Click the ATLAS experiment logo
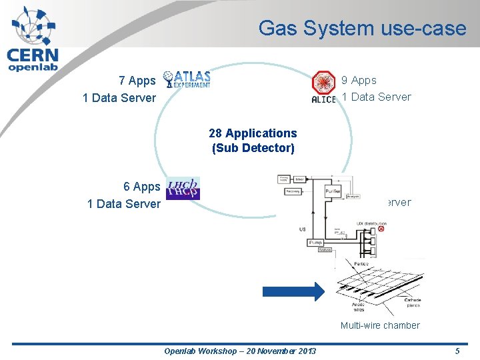point(187,79)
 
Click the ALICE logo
point(324,87)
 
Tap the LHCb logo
point(183,188)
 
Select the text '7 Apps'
point(137,81)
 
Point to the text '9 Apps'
point(359,80)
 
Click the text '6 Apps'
point(141,187)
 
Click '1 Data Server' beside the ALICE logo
point(376,97)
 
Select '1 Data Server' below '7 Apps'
point(119,98)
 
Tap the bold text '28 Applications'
point(253,133)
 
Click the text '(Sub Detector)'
point(253,148)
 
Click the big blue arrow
point(293,290)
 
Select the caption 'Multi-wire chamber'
point(380,325)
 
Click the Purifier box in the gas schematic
point(334,191)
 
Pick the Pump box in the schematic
point(315,243)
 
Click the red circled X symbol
point(381,229)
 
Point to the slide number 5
point(457,351)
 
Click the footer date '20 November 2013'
point(273,351)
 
